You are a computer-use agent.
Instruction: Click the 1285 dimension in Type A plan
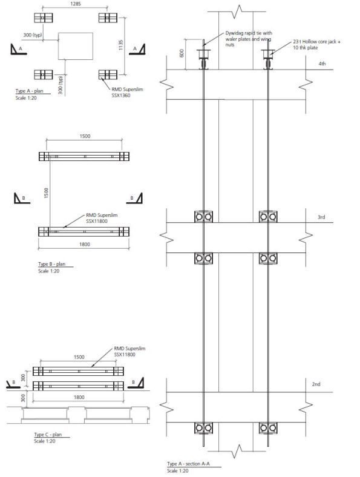[75, 4]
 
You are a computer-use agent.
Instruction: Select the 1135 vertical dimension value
[122, 46]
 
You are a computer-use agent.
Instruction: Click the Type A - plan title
[30, 91]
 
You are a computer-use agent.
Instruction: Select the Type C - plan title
[49, 434]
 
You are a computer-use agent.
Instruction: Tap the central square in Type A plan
[75, 46]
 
